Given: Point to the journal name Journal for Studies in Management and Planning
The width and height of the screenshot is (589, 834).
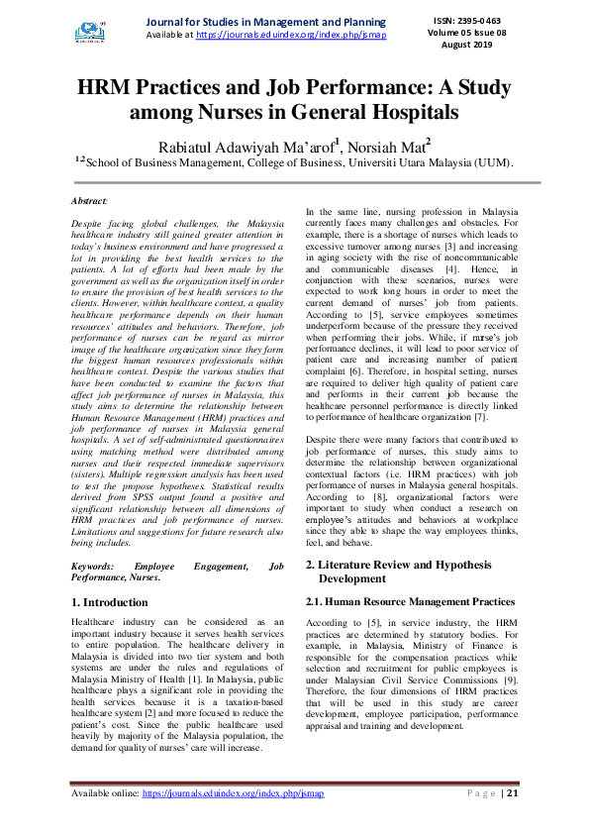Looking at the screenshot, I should (x=265, y=22).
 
